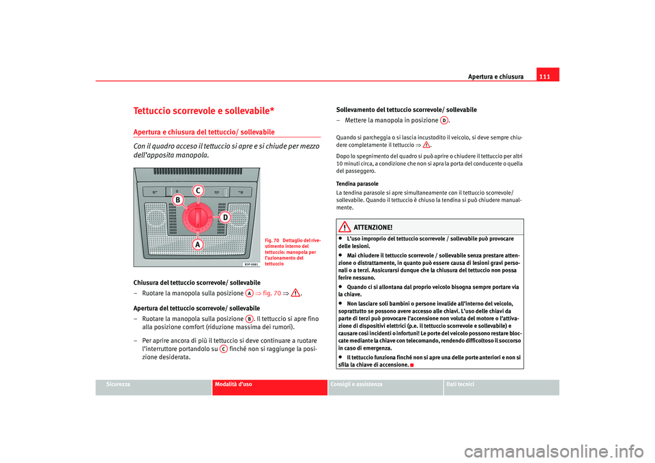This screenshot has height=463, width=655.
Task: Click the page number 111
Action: (x=547, y=75)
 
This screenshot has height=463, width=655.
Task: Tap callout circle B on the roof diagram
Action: (x=177, y=199)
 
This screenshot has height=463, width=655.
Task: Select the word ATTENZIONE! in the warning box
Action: (x=373, y=227)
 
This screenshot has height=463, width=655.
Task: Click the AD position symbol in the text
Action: (x=443, y=120)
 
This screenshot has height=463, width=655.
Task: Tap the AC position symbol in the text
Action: (x=223, y=348)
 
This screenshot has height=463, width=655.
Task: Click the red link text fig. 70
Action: (x=269, y=293)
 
